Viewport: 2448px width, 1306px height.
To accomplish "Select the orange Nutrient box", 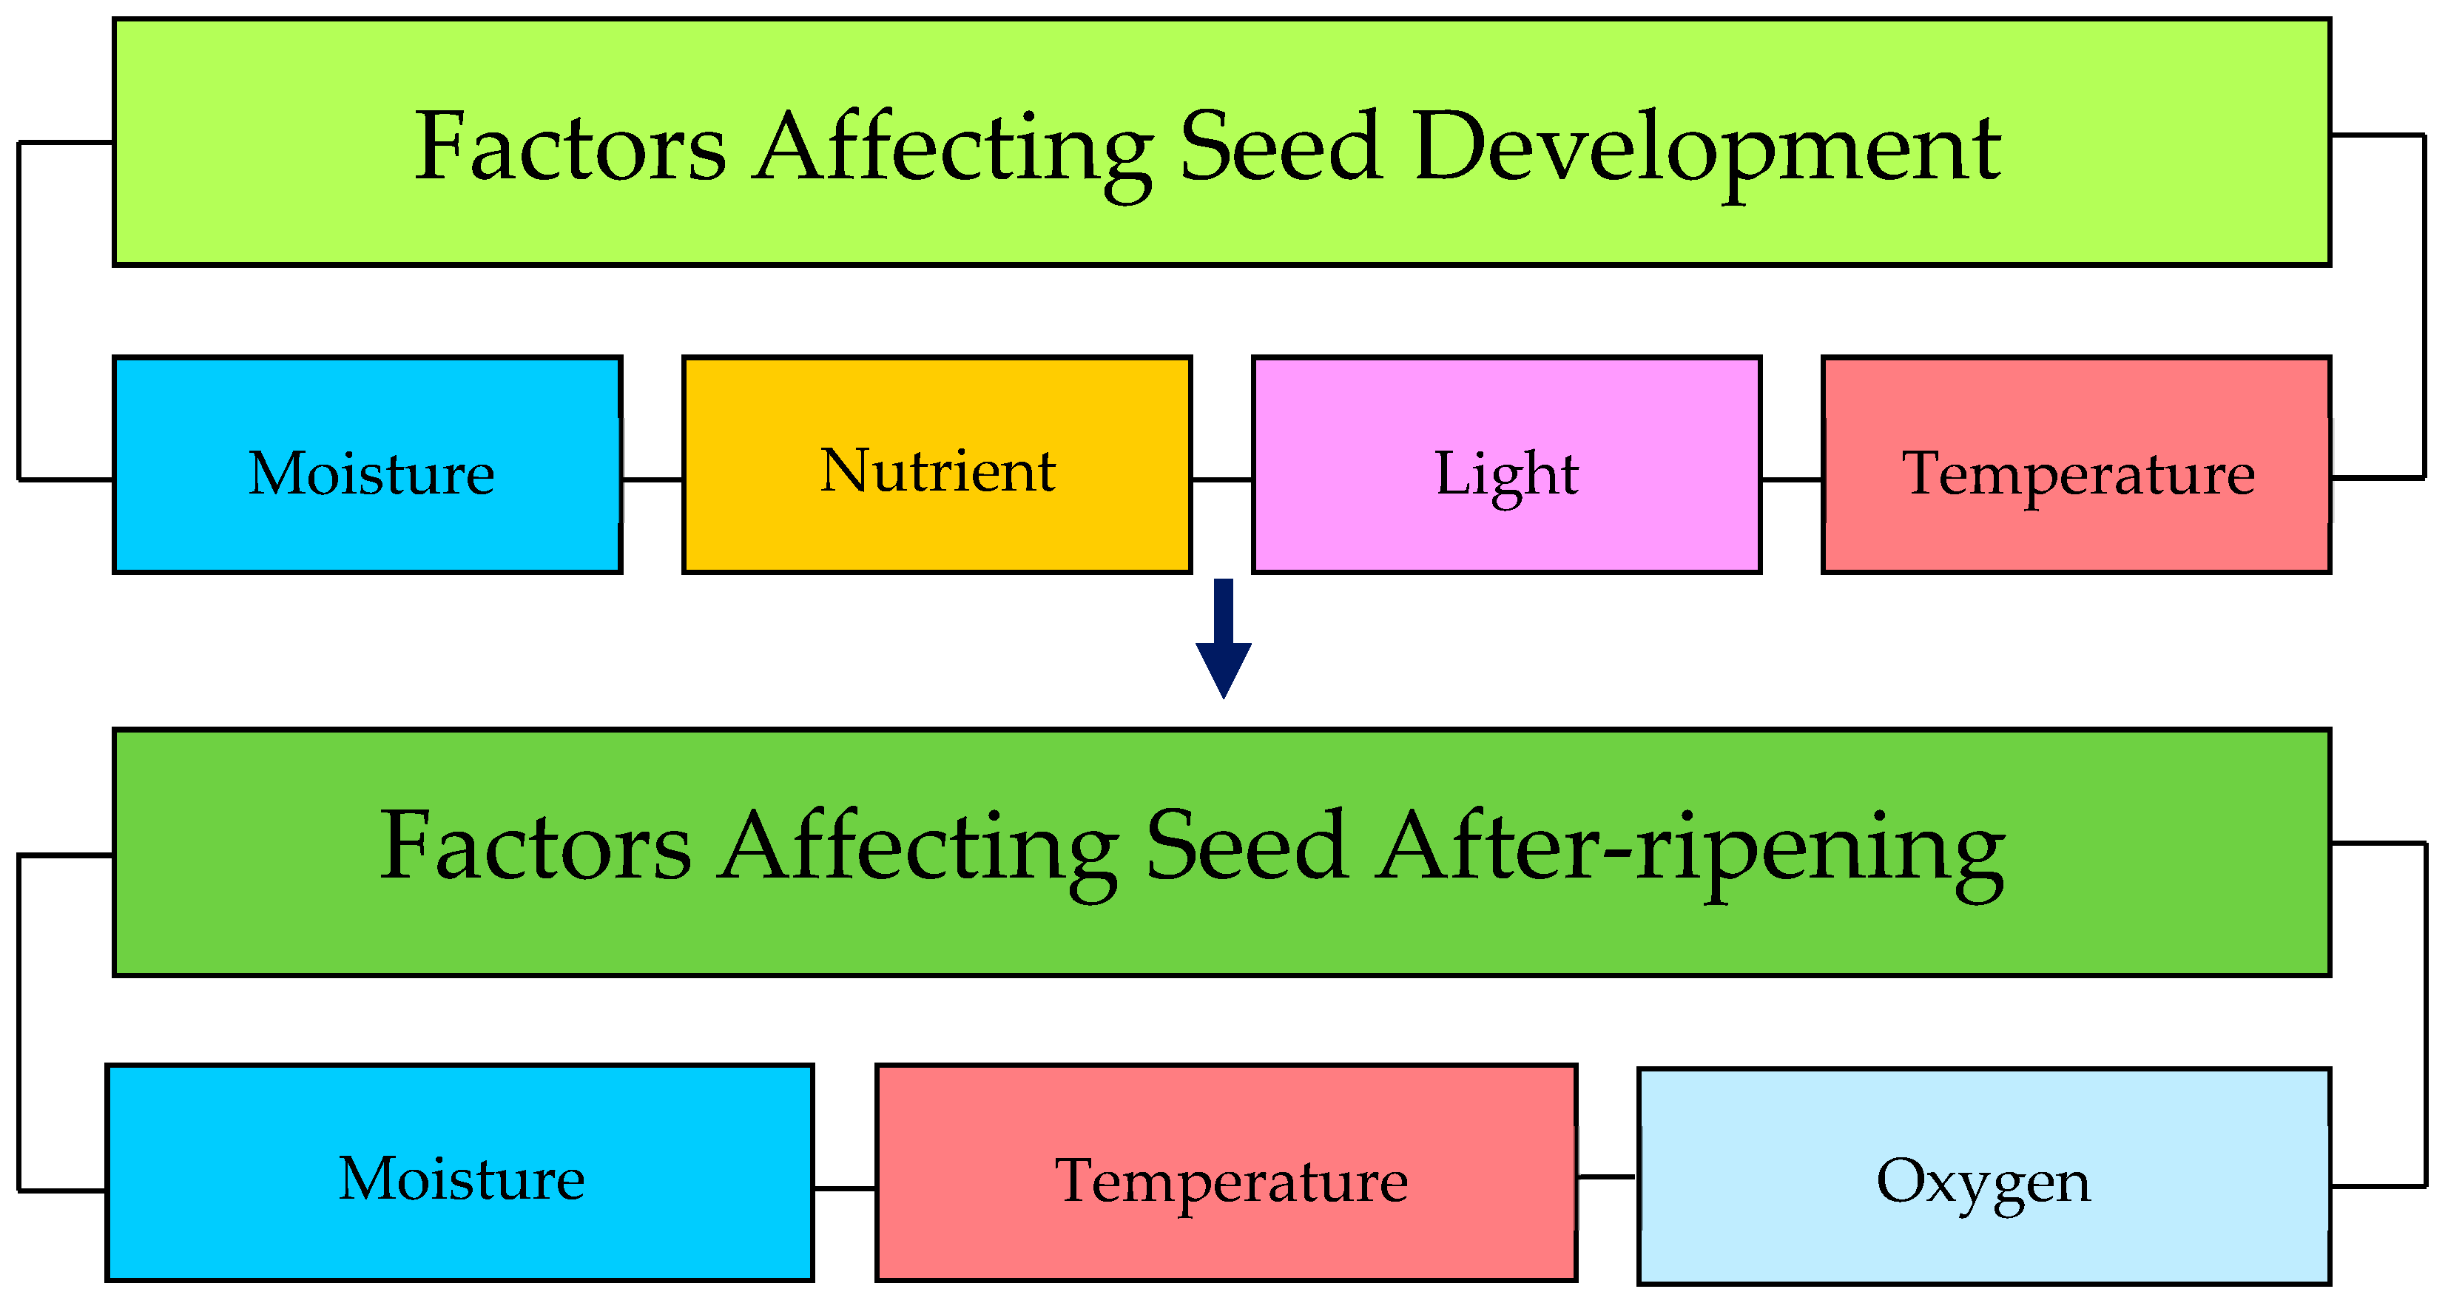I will point(937,465).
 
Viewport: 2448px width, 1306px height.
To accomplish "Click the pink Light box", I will point(1506,465).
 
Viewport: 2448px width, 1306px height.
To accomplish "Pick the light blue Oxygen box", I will point(1984,1176).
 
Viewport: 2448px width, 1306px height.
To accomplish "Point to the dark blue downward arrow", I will point(1223,639).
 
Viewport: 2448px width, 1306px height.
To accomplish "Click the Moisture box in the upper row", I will point(368,465).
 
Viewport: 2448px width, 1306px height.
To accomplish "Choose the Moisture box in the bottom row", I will point(460,1173).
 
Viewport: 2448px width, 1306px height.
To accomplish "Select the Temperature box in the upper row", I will point(2077,465).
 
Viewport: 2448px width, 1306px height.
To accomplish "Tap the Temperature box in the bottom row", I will point(1226,1173).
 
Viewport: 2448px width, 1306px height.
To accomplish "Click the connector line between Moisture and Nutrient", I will point(652,480).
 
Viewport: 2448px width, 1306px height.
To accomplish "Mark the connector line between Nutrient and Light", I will point(1221,480).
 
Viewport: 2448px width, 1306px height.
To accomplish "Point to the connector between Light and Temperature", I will point(1791,480).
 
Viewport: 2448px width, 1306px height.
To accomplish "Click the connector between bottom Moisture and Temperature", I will point(844,1188).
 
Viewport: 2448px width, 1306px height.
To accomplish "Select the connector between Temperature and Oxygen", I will point(1606,1177).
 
